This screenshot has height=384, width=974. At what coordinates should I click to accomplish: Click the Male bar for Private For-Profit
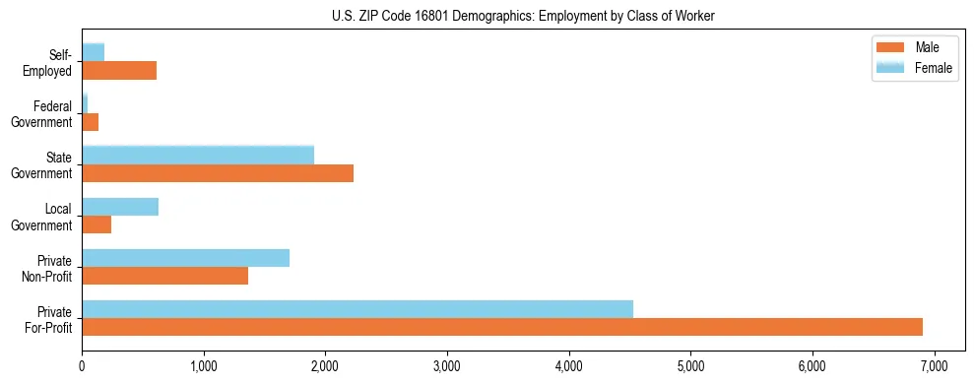502,327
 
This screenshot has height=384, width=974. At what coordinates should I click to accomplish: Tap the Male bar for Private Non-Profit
165,276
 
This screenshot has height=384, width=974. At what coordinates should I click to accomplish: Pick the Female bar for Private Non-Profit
186,258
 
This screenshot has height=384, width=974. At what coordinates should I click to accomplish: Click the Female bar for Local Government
120,207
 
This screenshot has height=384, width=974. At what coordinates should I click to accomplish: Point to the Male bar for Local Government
97,224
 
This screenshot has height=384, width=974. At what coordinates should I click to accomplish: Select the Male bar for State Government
218,173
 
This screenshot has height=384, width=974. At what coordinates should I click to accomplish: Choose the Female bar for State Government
198,156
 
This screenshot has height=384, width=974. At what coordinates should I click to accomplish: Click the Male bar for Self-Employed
119,71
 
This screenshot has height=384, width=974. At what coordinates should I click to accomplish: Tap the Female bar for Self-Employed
94,53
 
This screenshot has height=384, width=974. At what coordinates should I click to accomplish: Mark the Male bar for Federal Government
91,122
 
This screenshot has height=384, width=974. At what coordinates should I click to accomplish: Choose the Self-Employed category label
52,62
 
